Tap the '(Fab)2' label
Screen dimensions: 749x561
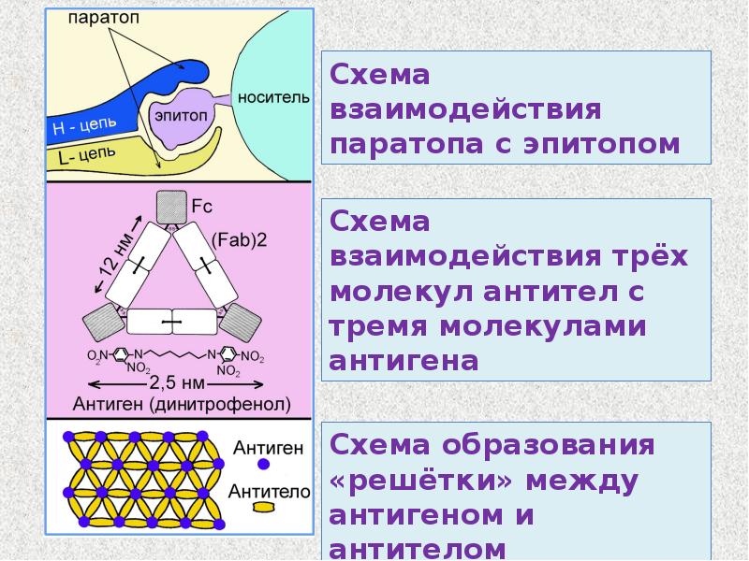[240, 239]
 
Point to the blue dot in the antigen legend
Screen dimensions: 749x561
[264, 465]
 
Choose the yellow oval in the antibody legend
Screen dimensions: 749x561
[265, 506]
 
